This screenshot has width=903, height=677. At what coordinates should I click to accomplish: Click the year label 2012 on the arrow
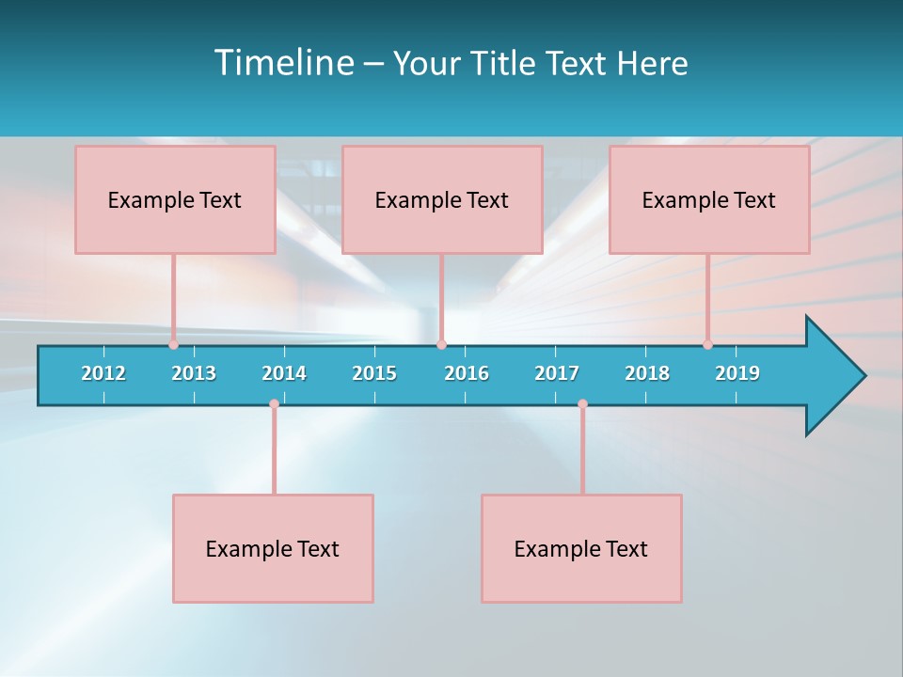[103, 373]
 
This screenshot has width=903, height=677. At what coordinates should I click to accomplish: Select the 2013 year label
[194, 373]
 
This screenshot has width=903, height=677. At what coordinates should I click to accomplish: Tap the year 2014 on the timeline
[284, 373]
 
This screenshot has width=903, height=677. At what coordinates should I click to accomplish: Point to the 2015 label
[374, 373]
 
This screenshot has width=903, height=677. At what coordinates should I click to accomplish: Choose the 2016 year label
[467, 373]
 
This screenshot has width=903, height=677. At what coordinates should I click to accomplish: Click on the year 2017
[557, 373]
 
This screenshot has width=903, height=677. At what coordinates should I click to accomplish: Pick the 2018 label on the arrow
[647, 373]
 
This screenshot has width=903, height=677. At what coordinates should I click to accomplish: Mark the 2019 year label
[737, 373]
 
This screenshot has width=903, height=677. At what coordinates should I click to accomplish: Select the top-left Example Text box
[175, 199]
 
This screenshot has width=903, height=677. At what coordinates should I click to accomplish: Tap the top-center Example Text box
[442, 199]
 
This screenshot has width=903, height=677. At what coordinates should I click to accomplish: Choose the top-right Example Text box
[709, 199]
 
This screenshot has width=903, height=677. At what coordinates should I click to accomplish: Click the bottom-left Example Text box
[273, 548]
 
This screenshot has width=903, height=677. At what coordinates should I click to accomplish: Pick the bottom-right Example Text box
[581, 548]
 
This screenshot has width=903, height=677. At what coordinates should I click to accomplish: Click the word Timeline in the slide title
[283, 63]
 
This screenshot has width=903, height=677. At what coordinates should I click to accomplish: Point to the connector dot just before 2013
[173, 344]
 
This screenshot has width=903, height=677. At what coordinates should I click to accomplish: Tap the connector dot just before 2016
[441, 344]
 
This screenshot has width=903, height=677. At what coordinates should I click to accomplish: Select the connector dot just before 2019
[707, 344]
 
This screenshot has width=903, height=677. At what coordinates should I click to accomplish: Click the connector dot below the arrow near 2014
[274, 403]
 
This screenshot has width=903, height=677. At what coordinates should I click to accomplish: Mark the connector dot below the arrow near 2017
[582, 403]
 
